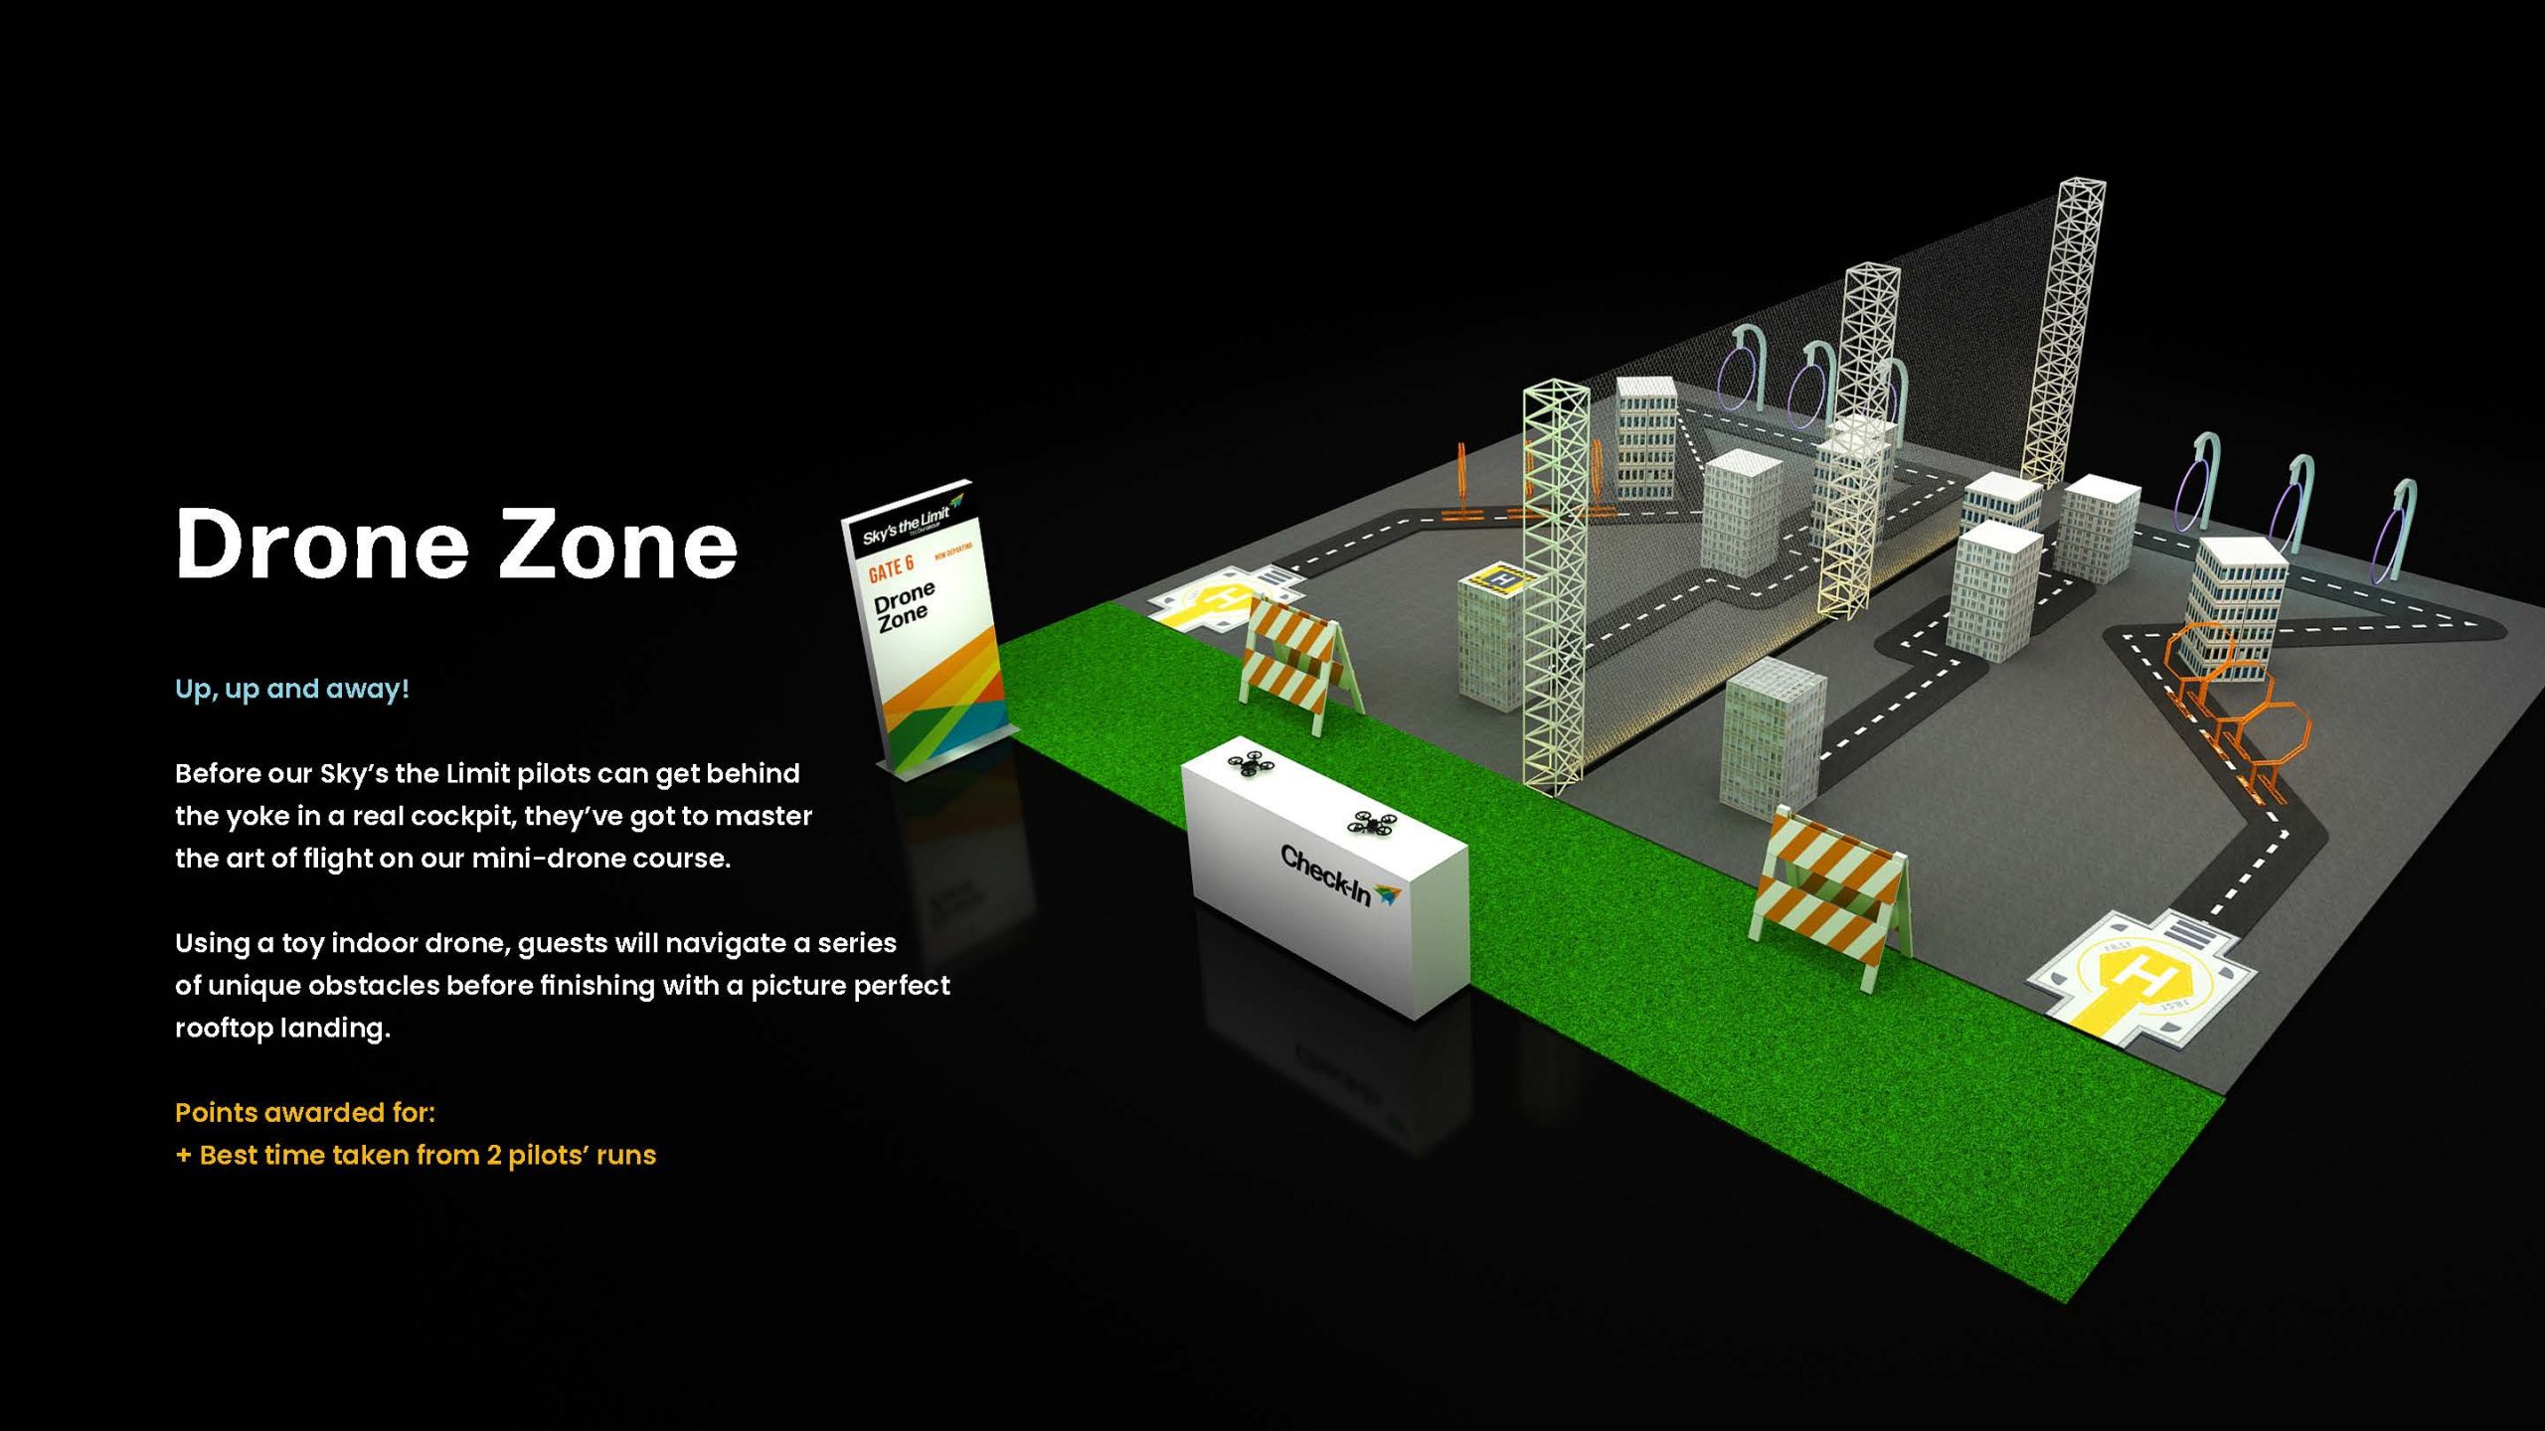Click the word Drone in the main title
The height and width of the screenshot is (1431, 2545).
click(x=321, y=545)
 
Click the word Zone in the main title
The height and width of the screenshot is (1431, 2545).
click(x=617, y=545)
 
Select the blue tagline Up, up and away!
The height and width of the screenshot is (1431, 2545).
click(x=291, y=689)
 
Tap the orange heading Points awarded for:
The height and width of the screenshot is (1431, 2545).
click(x=304, y=1112)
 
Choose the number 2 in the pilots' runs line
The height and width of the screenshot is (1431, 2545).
click(x=494, y=1155)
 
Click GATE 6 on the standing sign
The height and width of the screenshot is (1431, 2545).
click(x=891, y=568)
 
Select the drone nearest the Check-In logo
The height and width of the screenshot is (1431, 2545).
click(x=1373, y=823)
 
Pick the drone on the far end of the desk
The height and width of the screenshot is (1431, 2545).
click(x=1251, y=764)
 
